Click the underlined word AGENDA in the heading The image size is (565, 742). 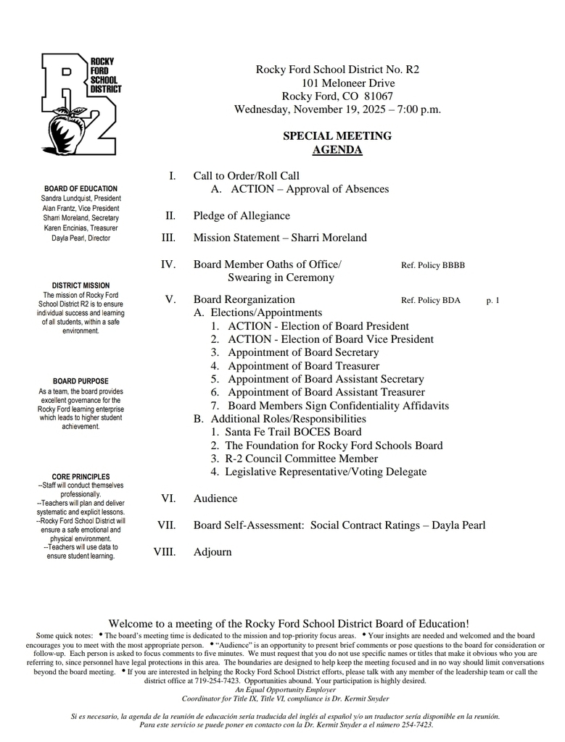coord(337,150)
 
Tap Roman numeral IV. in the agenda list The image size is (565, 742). coord(168,264)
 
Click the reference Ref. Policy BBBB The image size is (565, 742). coord(433,265)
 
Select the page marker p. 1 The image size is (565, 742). coord(492,300)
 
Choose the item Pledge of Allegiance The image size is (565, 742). coord(242,216)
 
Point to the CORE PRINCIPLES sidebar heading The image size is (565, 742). coord(81,476)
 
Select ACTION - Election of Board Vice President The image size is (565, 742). coord(330,339)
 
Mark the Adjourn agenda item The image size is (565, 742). coord(213,552)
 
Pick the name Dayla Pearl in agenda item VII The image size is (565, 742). coord(458,525)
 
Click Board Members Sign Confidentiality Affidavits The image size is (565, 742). coord(338,406)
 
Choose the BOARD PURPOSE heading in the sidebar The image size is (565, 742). coord(81,381)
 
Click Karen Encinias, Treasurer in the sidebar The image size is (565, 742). coord(81,228)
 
